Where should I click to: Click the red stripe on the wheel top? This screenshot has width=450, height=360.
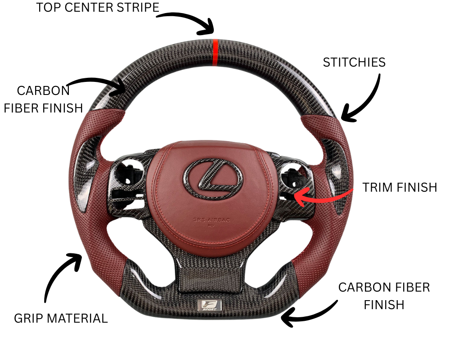(215, 53)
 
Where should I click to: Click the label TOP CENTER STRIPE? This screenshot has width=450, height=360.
(98, 8)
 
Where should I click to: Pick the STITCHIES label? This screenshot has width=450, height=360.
(354, 63)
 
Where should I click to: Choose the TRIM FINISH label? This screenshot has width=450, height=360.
(400, 187)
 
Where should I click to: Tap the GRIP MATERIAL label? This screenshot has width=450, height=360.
(61, 319)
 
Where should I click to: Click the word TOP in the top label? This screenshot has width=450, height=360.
(47, 8)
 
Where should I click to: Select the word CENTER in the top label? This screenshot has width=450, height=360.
(87, 8)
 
